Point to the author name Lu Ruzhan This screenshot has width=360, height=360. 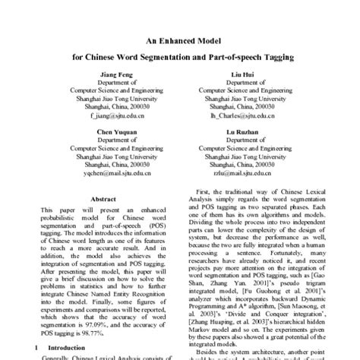(242, 132)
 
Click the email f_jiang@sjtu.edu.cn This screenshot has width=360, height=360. (115, 117)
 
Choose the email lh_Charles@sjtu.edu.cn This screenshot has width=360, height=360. (242, 117)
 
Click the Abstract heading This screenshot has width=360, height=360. (103, 199)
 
